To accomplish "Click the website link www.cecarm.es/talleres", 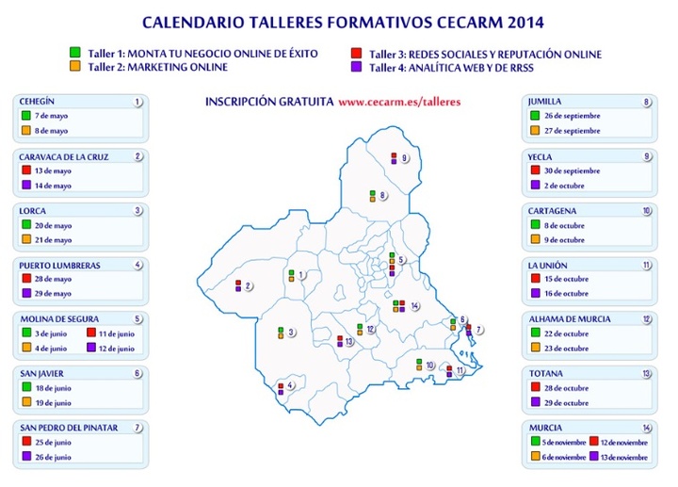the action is pos(399,101).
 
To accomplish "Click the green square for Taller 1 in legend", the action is pos(74,54).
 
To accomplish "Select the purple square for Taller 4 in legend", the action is pos(355,67).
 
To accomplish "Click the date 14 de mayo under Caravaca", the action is pos(52,187).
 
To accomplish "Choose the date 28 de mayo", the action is pos(52,280).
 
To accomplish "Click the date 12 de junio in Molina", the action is pos(118,348).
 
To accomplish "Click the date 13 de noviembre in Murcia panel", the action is pos(623,457).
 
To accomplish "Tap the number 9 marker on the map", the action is pos(404,158).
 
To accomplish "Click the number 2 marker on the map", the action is pos(248,286).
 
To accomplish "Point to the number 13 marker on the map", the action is pos(349,342).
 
